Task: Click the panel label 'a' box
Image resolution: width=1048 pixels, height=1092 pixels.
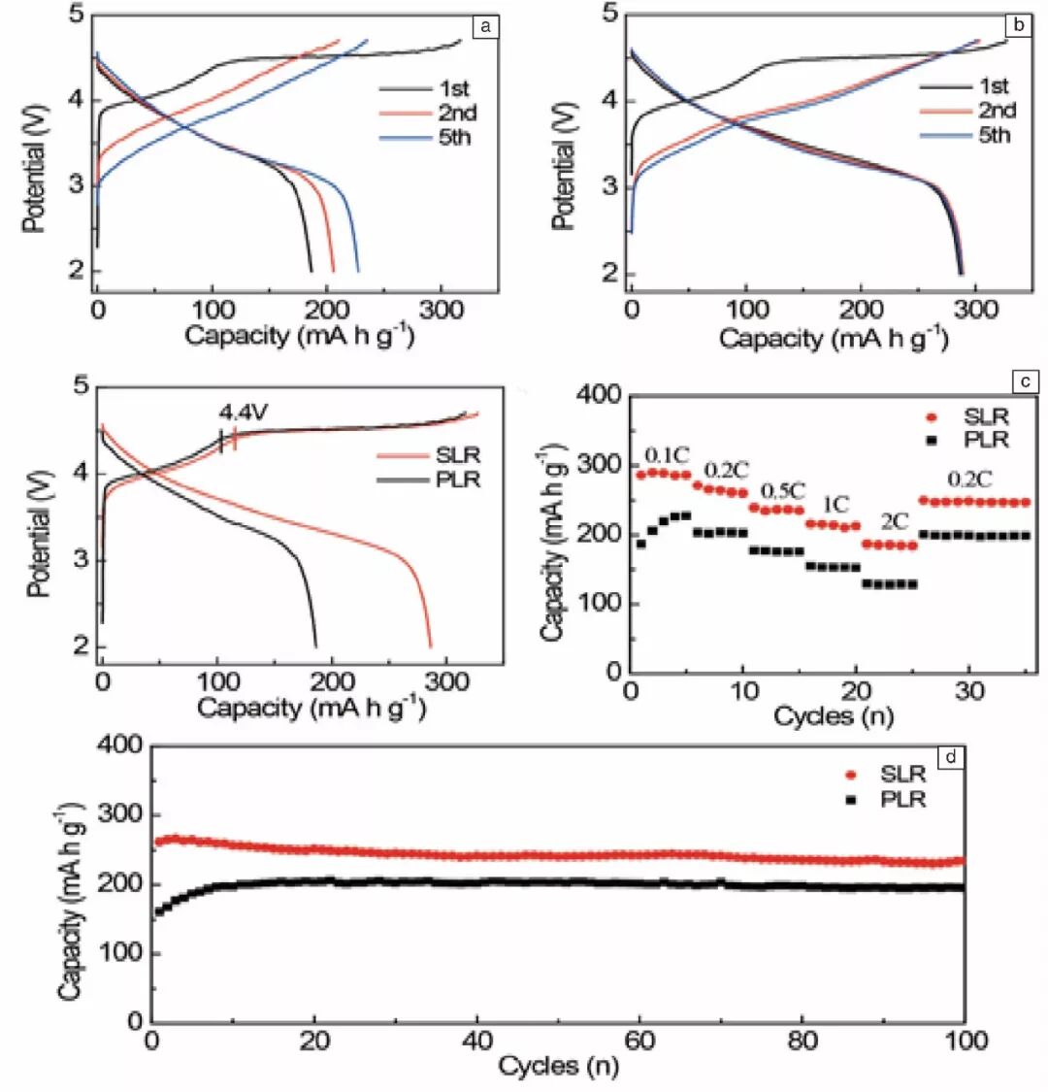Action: pos(485,25)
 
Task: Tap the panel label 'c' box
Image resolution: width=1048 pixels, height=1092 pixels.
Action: pos(1026,381)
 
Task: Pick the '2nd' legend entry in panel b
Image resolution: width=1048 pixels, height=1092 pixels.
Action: pos(997,110)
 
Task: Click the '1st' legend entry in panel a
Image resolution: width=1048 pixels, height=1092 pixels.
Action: pos(453,88)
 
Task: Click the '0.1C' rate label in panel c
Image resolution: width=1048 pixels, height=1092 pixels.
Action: pos(668,454)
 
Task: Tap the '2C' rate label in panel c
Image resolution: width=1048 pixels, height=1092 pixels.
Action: pos(895,522)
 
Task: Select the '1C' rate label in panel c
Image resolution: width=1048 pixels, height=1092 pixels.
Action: pos(835,504)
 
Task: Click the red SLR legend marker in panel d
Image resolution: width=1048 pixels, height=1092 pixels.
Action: pos(853,775)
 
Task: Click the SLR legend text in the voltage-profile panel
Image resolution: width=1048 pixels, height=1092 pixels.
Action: pos(458,455)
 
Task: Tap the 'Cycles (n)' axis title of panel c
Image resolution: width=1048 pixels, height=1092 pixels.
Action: pos(834,717)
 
